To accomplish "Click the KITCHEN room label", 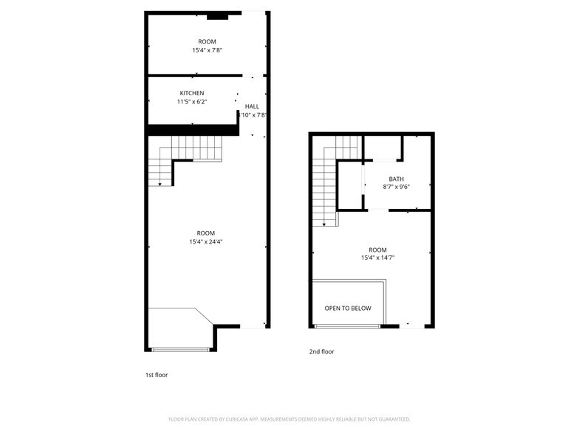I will (x=191, y=93).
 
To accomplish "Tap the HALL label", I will (x=252, y=106).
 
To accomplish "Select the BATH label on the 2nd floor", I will (x=397, y=179).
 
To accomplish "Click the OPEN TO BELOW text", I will (x=348, y=309).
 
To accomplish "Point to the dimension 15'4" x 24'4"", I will (x=207, y=241).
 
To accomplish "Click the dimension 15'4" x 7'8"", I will (x=207, y=50).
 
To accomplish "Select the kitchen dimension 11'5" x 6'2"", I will (x=191, y=102).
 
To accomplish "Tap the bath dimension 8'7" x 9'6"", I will (x=397, y=187).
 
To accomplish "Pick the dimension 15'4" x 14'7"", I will (x=377, y=258).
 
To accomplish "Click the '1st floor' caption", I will (x=156, y=375).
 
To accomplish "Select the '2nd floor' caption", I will (x=322, y=352).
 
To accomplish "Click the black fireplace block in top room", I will (x=217, y=15).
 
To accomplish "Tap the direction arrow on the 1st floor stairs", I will (x=160, y=183).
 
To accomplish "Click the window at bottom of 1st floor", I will (x=181, y=349).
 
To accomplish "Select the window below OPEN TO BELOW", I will (x=347, y=326).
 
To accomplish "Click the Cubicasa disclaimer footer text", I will (x=289, y=418).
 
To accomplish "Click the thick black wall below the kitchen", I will (x=192, y=130).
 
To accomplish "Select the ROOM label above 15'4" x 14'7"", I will (x=377, y=249).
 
